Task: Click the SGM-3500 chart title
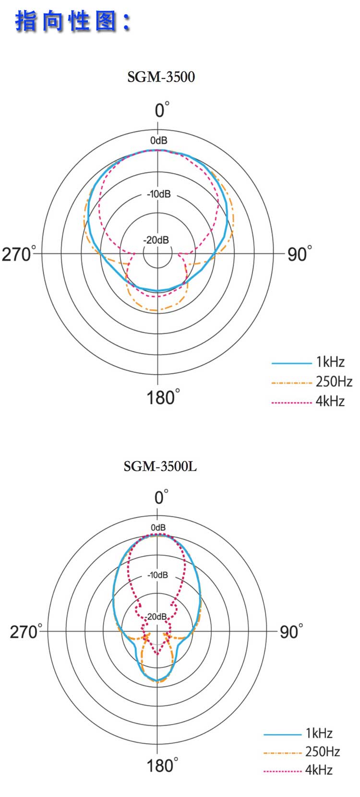161,77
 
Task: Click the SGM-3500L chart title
160,466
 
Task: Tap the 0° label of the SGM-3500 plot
162,109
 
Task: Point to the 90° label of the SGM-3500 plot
300,254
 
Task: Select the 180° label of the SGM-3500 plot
163,397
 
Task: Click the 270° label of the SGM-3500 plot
19,254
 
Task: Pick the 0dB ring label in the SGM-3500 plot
158,141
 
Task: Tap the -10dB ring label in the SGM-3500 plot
159,194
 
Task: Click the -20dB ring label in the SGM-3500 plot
156,240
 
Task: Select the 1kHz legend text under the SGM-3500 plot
330,362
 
